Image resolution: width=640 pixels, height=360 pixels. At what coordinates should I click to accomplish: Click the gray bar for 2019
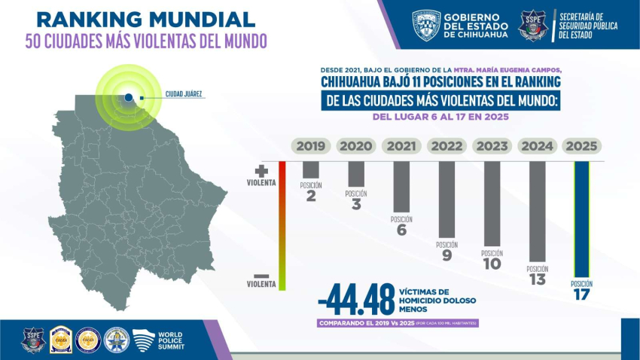tap(310, 169)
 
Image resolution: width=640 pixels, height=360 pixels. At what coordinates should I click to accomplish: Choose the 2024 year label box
tap(537, 146)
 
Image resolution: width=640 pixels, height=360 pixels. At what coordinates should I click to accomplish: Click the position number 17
tap(581, 295)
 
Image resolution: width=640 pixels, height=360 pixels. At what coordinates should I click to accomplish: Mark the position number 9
tap(446, 256)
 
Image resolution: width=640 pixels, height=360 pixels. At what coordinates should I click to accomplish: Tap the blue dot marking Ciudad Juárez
tap(129, 97)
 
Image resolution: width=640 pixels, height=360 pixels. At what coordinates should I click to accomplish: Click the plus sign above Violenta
tap(261, 172)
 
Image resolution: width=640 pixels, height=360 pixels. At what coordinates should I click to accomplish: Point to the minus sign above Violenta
tap(261, 276)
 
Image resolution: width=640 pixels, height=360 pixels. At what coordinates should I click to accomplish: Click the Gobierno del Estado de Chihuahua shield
tap(426, 25)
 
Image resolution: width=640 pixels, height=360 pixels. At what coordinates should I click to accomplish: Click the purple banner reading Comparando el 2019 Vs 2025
tap(398, 323)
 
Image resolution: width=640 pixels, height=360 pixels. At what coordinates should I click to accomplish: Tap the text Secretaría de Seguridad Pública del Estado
tap(590, 26)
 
